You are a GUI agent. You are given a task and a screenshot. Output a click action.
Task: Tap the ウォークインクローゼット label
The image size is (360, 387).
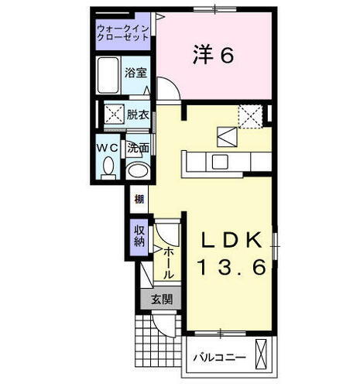124,33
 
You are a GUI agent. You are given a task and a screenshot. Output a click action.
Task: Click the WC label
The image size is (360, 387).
107,147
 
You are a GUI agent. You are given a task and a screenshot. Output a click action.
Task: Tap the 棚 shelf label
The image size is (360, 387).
138,199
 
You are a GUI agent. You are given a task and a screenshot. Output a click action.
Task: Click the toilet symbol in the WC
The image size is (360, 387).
108,166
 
